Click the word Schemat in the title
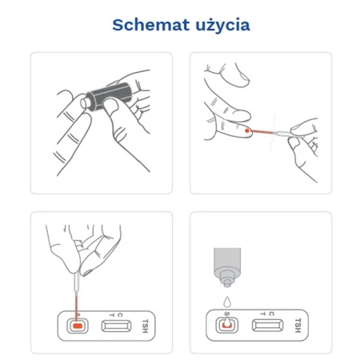click(x=150, y=25)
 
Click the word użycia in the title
click(x=223, y=26)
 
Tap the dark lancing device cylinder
click(x=110, y=97)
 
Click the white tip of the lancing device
click(x=84, y=103)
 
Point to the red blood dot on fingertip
click(x=247, y=130)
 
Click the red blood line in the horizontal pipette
click(x=262, y=131)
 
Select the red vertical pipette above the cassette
click(x=76, y=306)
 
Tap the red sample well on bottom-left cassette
click(x=78, y=326)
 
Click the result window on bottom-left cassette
click(x=116, y=326)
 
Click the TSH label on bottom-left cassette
click(x=145, y=326)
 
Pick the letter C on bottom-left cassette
click(x=120, y=315)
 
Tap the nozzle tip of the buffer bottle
click(x=227, y=284)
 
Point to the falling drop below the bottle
click(x=227, y=302)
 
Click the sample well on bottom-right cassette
click(x=226, y=325)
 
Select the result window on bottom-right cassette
click(x=268, y=325)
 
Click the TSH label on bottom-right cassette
click(x=298, y=326)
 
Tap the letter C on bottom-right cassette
click(x=271, y=314)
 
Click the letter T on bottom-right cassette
click(x=263, y=314)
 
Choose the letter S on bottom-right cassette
click(x=227, y=314)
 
